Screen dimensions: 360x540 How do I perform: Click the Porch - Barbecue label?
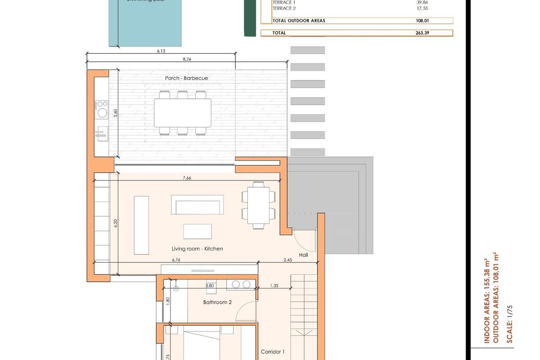[x=186, y=78]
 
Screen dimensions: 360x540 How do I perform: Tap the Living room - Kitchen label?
[x=197, y=248]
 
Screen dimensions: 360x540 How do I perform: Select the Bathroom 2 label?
[x=217, y=302]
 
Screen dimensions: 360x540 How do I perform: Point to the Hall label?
[x=303, y=255]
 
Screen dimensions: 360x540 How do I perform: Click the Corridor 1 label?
[x=273, y=352]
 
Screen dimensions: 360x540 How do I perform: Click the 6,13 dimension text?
[x=161, y=51]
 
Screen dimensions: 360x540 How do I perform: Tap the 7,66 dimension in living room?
[x=187, y=178]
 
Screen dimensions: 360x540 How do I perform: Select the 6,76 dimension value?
[x=176, y=260]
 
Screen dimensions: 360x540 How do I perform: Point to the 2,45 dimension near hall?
[x=288, y=260]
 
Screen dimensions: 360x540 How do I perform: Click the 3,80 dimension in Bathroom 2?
[x=209, y=285]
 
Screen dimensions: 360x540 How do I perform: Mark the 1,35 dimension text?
[x=274, y=285]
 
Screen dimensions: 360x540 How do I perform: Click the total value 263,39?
[x=423, y=33]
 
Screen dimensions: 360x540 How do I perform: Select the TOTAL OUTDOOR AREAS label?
[x=299, y=21]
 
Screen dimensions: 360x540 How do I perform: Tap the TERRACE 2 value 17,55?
[x=423, y=8]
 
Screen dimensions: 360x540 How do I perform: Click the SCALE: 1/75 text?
[x=510, y=324]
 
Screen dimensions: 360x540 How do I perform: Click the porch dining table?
[x=182, y=112]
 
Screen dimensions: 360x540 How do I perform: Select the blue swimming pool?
[x=145, y=25]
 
